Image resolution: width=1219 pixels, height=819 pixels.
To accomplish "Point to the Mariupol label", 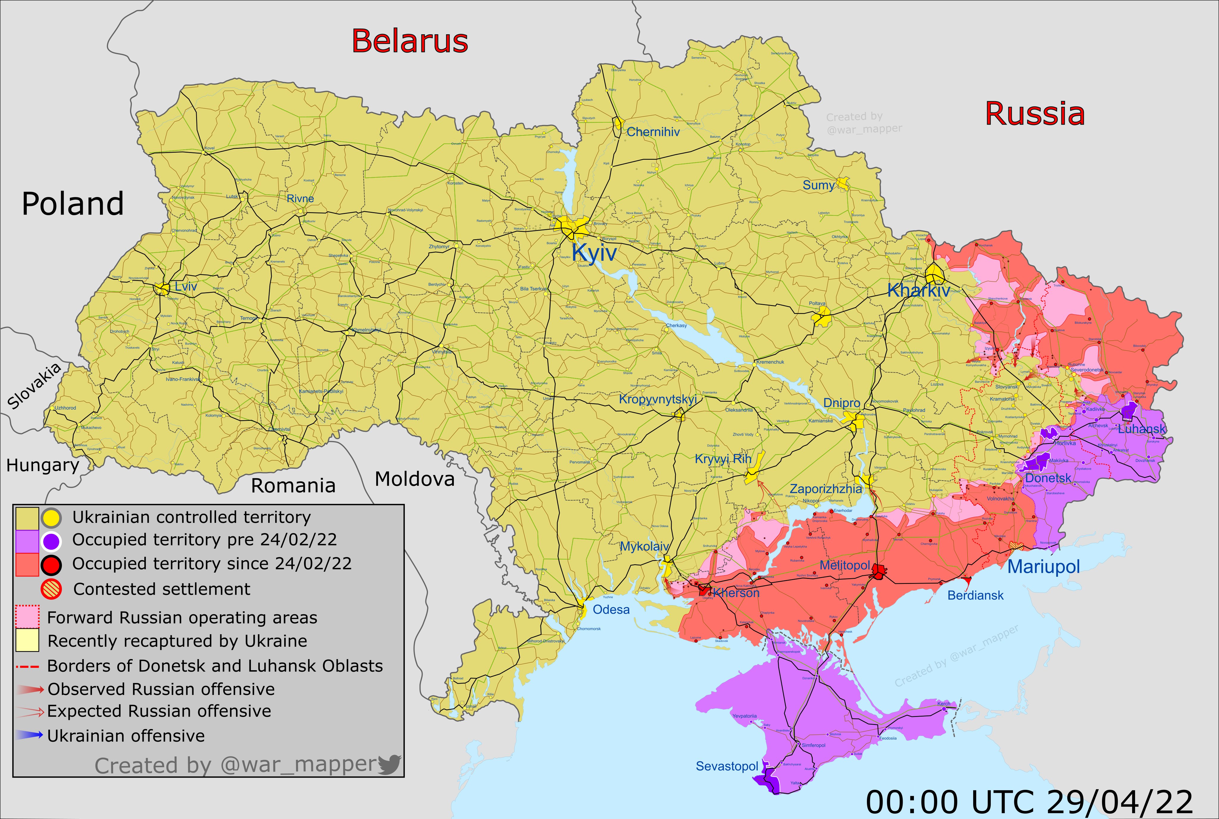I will point(1043,566).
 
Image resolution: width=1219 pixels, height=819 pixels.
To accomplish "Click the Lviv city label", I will point(186,286).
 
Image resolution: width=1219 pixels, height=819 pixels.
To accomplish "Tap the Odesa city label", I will point(611,609).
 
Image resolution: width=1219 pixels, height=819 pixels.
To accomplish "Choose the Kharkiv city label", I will point(918,290).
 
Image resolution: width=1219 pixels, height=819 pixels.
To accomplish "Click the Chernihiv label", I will point(653,132).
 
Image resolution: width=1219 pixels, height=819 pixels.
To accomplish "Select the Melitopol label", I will point(845,566).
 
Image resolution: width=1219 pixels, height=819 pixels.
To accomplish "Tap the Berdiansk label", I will point(975,596).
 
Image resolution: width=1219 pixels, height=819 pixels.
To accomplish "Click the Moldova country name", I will point(415,479).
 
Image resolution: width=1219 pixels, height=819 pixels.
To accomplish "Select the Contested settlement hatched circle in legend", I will point(51,589).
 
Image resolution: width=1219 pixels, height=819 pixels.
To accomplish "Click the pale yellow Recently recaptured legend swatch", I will point(27,640).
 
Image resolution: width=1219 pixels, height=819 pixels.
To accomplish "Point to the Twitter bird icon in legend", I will point(389,764).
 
